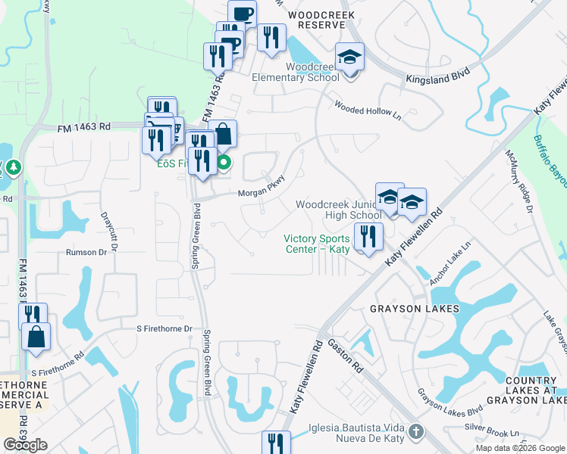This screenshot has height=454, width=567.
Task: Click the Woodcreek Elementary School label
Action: [x=312, y=72]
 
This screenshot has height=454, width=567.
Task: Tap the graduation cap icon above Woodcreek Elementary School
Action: [x=350, y=58]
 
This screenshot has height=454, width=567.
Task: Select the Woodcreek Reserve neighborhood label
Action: [x=315, y=19]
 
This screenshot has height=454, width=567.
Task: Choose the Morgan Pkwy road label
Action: [x=261, y=192]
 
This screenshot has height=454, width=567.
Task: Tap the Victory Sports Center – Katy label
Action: [x=315, y=244]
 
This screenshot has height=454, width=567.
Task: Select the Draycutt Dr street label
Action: [x=109, y=231]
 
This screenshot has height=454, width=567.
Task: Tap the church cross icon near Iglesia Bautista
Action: [x=415, y=431]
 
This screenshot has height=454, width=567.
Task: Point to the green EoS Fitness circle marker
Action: [x=224, y=162]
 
